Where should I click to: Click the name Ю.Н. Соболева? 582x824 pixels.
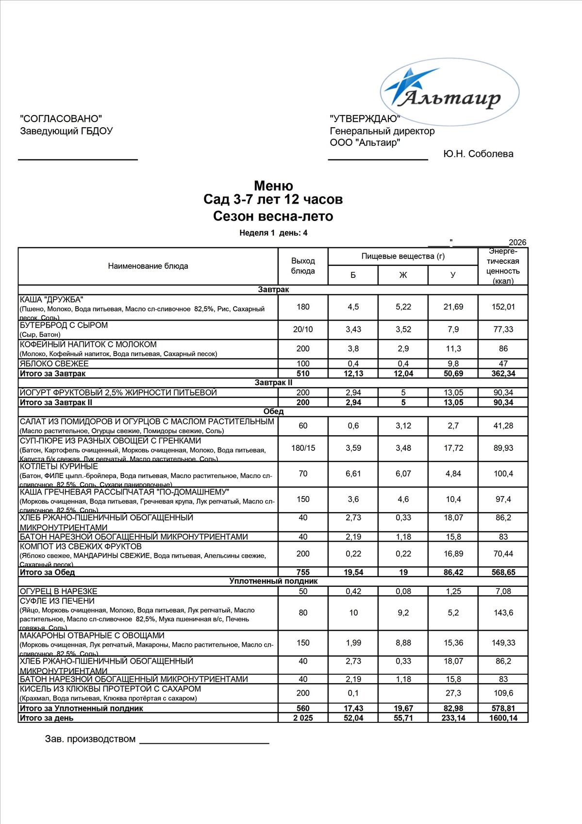click(x=478, y=154)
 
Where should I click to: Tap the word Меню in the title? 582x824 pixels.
click(x=273, y=186)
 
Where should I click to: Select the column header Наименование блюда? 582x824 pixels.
click(x=148, y=266)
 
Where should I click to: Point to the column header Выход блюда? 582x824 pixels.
click(x=303, y=266)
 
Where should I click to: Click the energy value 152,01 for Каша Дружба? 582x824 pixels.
click(x=503, y=307)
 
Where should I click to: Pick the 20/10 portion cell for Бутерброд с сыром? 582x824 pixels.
click(x=303, y=329)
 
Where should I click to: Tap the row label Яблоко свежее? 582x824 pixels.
click(x=54, y=364)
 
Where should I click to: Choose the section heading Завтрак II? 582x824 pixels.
click(x=273, y=383)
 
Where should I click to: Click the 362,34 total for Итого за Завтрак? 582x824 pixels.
click(x=503, y=374)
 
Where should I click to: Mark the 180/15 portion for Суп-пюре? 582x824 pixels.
click(x=303, y=448)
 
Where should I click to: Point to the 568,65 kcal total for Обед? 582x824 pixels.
click(x=503, y=572)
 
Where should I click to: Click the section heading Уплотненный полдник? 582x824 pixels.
click(x=273, y=582)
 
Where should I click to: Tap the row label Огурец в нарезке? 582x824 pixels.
click(x=59, y=591)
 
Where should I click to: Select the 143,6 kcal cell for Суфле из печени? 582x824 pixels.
click(x=503, y=613)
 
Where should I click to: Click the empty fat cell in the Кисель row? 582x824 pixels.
click(x=403, y=693)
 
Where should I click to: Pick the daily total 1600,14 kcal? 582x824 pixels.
click(x=503, y=718)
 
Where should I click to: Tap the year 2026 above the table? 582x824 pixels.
click(x=517, y=242)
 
